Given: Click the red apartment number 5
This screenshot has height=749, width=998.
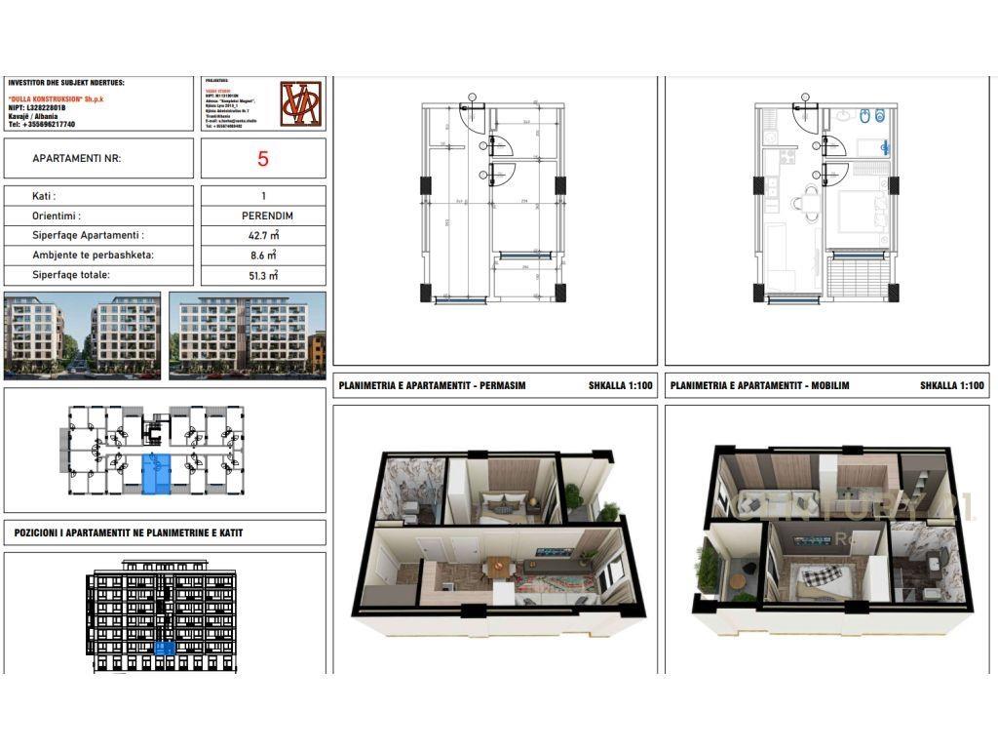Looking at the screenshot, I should pyautogui.click(x=263, y=159).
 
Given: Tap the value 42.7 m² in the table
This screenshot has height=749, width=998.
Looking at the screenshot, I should pyautogui.click(x=263, y=235).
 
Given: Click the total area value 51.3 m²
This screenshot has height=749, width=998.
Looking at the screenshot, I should pyautogui.click(x=263, y=275).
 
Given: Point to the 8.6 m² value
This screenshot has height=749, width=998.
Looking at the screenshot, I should pyautogui.click(x=263, y=255).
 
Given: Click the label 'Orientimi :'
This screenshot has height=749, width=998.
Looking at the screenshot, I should pyautogui.click(x=57, y=216).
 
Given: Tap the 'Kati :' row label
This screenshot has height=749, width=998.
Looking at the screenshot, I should pyautogui.click(x=44, y=196).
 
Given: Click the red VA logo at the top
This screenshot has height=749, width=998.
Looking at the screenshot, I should pyautogui.click(x=300, y=104).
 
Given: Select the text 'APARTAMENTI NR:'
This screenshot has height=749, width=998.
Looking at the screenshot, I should pyautogui.click(x=77, y=158).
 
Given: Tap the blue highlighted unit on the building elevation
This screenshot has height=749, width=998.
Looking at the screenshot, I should pyautogui.click(x=165, y=648).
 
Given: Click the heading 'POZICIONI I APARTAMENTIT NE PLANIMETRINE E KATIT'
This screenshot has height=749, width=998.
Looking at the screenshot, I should pyautogui.click(x=129, y=533).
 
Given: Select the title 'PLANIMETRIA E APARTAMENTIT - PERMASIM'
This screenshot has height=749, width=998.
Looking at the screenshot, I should pyautogui.click(x=432, y=386).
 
